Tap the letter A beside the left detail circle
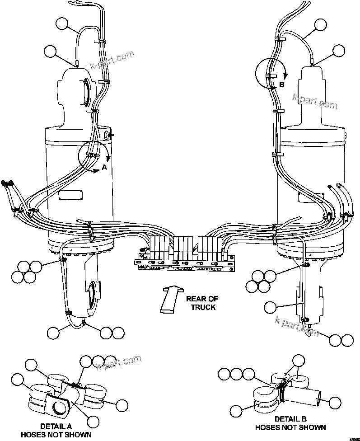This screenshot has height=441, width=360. click(104, 167)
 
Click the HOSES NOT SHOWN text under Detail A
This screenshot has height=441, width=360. click(56, 435)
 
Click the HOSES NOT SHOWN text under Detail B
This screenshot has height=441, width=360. click(290, 427)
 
